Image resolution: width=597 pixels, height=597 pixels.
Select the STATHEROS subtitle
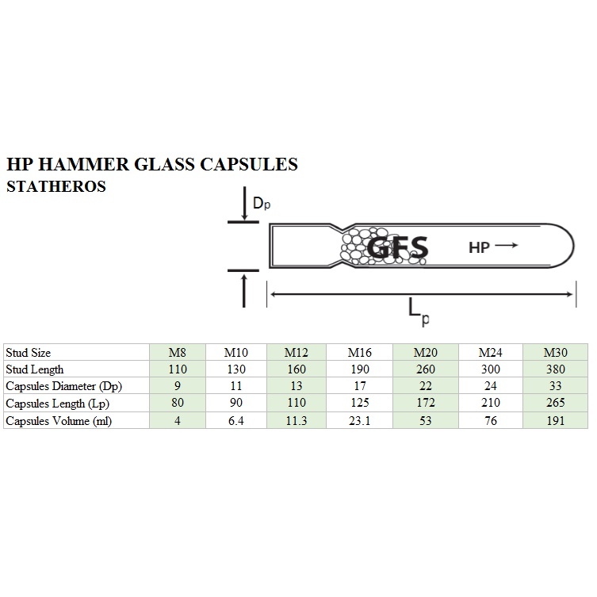tap(56, 186)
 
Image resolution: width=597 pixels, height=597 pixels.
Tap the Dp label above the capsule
tap(262, 203)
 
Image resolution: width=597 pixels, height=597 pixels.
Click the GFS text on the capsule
tap(397, 248)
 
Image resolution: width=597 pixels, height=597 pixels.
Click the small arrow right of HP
tap(507, 245)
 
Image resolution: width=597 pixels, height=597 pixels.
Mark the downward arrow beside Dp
tap(244, 203)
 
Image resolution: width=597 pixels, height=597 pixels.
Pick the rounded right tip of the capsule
tap(573, 246)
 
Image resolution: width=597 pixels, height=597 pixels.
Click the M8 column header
tap(178, 353)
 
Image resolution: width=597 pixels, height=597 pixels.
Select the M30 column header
tap(556, 353)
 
